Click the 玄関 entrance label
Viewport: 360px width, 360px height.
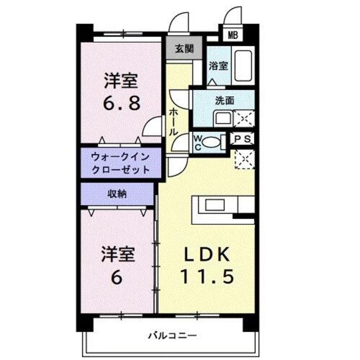click(x=183, y=48)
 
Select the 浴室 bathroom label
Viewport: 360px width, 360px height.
click(x=218, y=65)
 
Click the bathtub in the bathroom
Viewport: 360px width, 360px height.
click(x=244, y=66)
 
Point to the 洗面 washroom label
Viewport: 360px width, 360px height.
click(x=224, y=101)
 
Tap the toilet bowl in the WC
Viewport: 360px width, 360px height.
click(x=210, y=142)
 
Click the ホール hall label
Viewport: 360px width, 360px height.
click(x=174, y=121)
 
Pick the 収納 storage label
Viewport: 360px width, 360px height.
click(x=117, y=194)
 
